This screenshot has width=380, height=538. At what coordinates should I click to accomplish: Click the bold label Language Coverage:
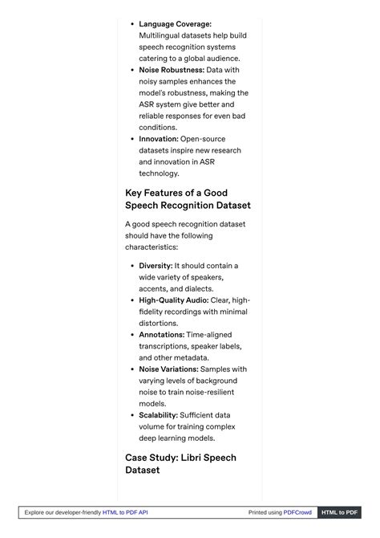[175, 24]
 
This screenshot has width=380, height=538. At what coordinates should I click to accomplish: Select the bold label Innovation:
[159, 139]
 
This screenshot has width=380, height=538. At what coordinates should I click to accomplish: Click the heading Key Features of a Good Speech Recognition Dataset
[188, 199]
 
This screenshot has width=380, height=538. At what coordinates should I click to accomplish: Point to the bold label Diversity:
[156, 266]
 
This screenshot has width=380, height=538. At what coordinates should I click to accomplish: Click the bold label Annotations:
[161, 335]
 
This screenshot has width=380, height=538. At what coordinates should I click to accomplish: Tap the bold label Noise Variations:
[168, 369]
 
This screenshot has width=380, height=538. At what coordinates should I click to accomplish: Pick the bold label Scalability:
[158, 415]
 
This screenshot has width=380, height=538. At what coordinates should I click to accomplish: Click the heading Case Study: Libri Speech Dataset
[180, 463]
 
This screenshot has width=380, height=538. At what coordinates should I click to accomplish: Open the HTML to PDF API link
[125, 512]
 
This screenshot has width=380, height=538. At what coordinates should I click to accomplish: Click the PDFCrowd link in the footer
[297, 512]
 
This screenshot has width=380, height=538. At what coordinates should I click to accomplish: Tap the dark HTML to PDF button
[339, 512]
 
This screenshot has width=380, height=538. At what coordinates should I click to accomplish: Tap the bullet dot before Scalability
[131, 415]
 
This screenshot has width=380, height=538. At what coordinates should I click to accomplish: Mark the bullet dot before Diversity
[131, 266]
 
